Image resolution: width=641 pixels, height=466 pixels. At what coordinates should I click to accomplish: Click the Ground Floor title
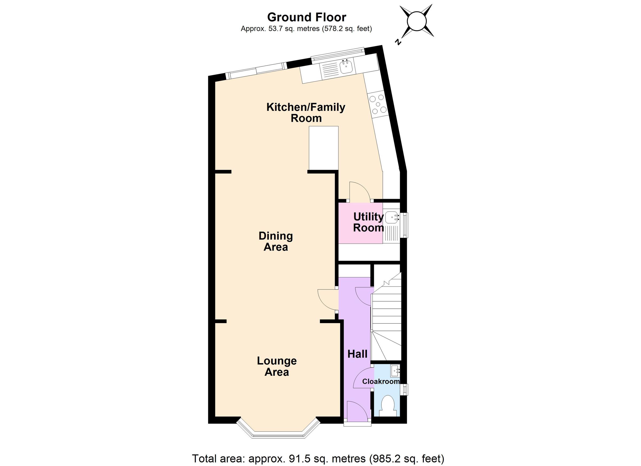[x=306, y=17]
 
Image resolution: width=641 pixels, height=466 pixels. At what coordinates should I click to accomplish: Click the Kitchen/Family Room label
[x=306, y=112]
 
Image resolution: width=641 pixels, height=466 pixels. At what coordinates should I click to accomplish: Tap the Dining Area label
[x=276, y=241]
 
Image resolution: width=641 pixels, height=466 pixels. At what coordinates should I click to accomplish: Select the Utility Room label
[x=368, y=222]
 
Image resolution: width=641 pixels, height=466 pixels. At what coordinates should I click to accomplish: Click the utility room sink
[x=392, y=217]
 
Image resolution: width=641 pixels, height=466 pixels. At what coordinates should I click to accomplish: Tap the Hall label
[x=357, y=354]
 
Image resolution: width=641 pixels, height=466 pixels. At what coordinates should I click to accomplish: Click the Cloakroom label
[x=381, y=382]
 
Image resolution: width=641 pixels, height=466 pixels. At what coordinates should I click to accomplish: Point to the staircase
[x=386, y=319]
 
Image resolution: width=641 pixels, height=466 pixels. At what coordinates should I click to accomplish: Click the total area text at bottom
[x=318, y=458]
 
